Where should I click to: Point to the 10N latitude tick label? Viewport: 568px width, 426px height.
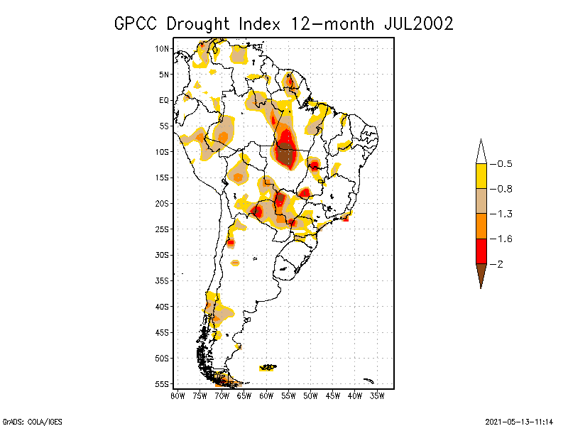[x=162, y=48]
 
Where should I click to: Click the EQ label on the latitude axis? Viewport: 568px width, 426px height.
[x=164, y=100]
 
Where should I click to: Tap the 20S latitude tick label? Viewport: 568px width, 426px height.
[x=162, y=203]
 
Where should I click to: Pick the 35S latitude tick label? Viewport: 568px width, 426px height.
[x=162, y=280]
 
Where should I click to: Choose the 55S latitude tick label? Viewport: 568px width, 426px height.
[x=162, y=384]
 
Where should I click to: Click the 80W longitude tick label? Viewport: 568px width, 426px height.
[x=177, y=395]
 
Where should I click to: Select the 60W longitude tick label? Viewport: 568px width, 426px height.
[x=266, y=395]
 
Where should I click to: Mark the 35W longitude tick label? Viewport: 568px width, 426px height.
[x=378, y=395]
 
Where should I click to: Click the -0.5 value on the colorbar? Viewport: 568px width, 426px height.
[x=503, y=164]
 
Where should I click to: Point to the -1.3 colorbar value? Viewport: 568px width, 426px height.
[x=503, y=214]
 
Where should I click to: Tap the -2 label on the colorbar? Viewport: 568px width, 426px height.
[x=500, y=263]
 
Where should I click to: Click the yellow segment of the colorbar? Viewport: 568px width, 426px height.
[x=481, y=176]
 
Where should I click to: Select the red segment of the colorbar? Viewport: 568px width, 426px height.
[x=481, y=251]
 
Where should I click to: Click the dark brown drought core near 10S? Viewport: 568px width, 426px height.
[x=286, y=154]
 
